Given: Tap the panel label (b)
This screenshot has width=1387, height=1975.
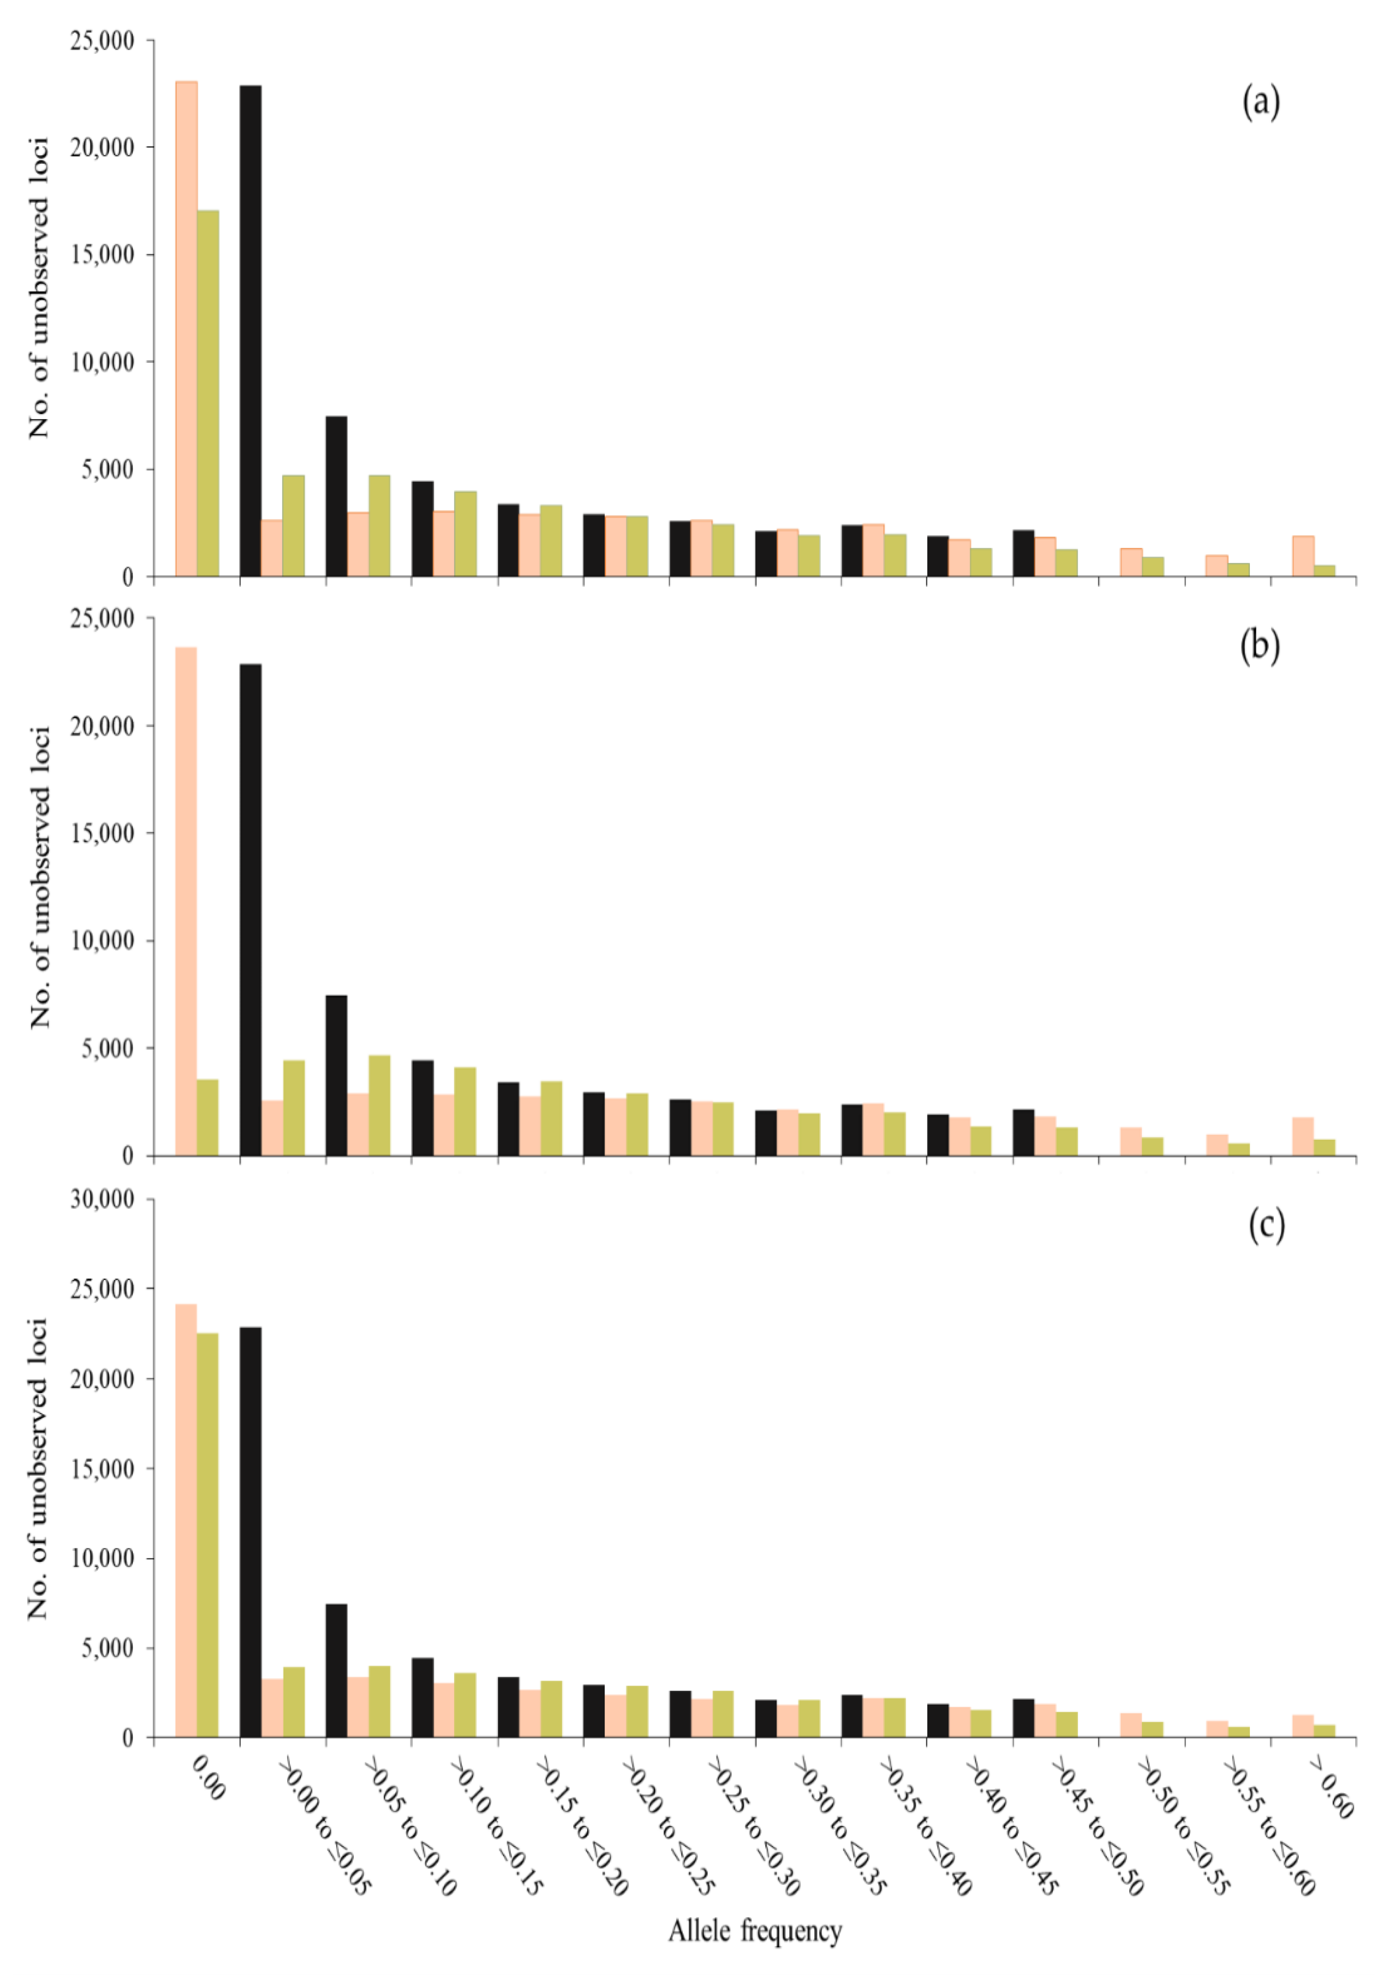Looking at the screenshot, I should [x=1259, y=646].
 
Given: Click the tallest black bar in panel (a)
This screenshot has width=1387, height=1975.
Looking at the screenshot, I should [x=250, y=331].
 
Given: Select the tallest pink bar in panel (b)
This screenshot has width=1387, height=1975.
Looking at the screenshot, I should [x=186, y=901].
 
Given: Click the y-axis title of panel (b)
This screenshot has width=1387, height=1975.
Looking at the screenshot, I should [x=40, y=877].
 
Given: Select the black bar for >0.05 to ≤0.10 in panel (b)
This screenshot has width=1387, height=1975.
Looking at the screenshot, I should [x=336, y=1075].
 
